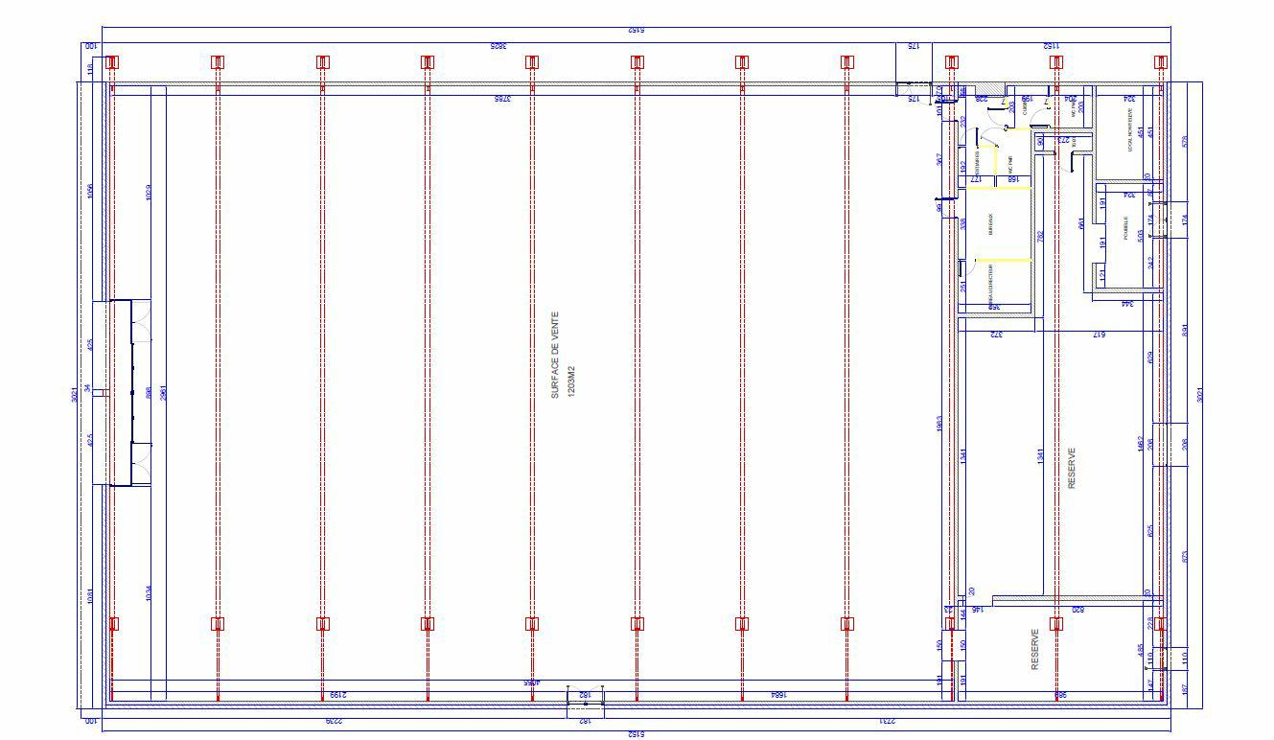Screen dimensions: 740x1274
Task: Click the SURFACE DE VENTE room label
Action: pyautogui.click(x=554, y=355)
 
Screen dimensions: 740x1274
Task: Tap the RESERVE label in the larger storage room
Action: pyautogui.click(x=1072, y=469)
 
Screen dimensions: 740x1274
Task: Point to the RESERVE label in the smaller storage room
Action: pyautogui.click(x=1034, y=649)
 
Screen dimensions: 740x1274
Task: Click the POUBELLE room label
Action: pyautogui.click(x=1126, y=228)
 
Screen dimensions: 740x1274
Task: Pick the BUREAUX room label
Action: pyautogui.click(x=991, y=224)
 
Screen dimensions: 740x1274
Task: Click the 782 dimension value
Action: pyautogui.click(x=1040, y=235)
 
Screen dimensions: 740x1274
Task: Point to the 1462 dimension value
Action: pyautogui.click(x=1140, y=446)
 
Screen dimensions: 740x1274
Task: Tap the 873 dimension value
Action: pyautogui.click(x=1186, y=556)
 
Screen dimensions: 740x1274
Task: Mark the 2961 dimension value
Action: pyautogui.click(x=163, y=392)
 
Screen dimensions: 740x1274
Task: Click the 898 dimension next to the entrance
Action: pyautogui.click(x=149, y=392)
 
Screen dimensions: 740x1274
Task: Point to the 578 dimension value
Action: pyautogui.click(x=1186, y=141)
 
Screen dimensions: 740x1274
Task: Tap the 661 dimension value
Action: pyautogui.click(x=1081, y=223)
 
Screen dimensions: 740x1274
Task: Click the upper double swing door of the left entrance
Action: pyautogui.click(x=141, y=321)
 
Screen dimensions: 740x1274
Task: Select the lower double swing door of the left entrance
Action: pyautogui.click(x=141, y=465)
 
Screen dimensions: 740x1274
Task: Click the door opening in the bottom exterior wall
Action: pyautogui.click(x=585, y=703)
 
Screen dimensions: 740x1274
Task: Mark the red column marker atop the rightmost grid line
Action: pyautogui.click(x=1160, y=62)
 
